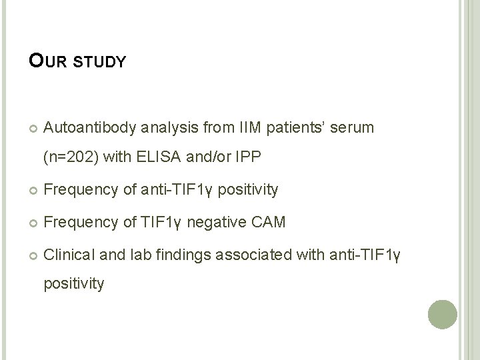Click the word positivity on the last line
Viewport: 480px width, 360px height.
pyautogui.click(x=73, y=285)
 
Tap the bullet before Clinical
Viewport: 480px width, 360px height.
pyautogui.click(x=33, y=254)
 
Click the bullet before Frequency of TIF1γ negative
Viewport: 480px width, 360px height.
pyautogui.click(x=33, y=223)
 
